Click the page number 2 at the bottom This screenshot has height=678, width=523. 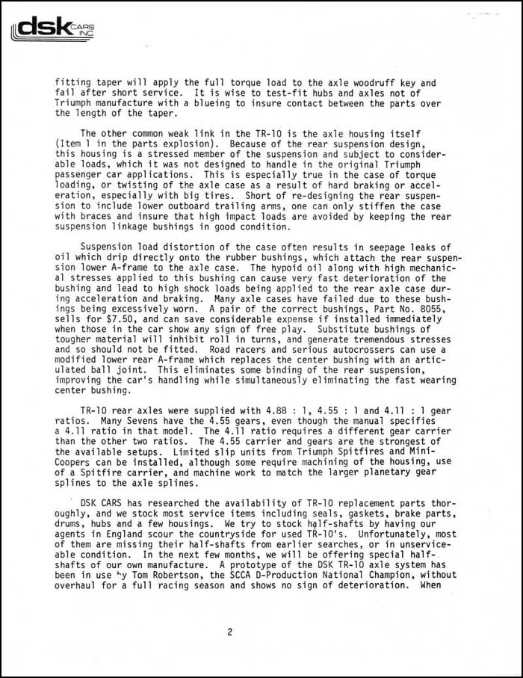tap(231, 632)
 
